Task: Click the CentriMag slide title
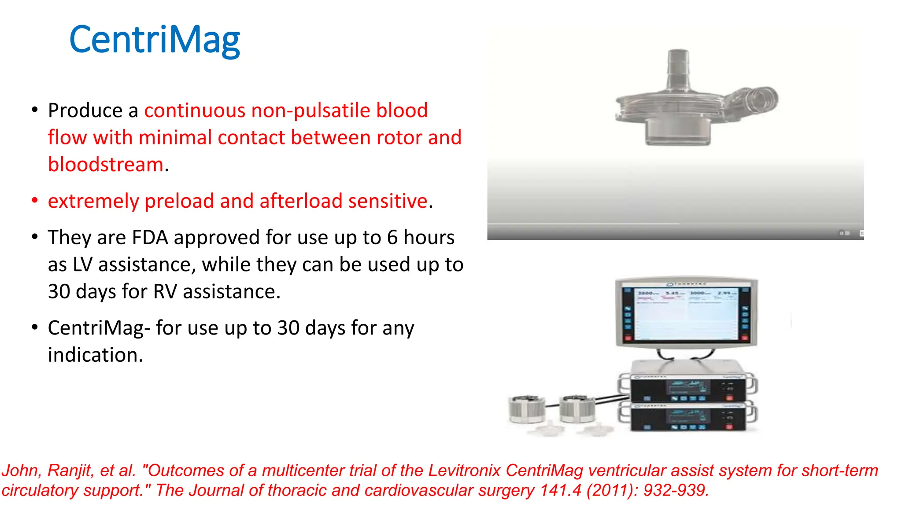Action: tap(155, 40)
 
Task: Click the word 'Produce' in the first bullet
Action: tap(85, 110)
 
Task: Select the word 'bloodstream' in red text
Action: tap(106, 165)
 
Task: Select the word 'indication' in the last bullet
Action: tap(93, 355)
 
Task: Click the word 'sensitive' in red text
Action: tap(388, 201)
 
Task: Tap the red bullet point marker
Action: tap(35, 201)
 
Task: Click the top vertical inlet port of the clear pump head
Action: tap(678, 66)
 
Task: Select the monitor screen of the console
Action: tap(686, 313)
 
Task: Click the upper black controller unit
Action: tap(688, 388)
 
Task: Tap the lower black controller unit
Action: tap(688, 417)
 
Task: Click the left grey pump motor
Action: tap(527, 409)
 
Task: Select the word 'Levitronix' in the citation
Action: tap(464, 470)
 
